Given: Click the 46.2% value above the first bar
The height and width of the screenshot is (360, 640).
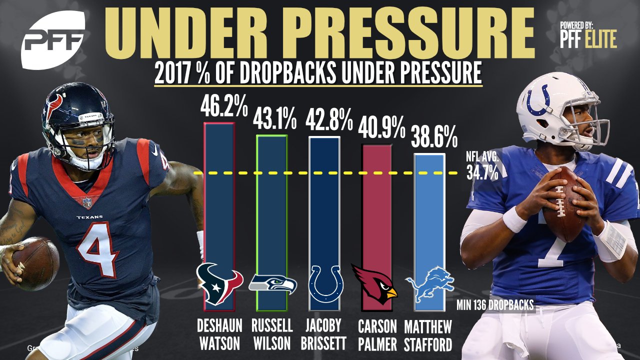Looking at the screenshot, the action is (224, 106).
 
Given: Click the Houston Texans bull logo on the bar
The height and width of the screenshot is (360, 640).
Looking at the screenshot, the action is (219, 283).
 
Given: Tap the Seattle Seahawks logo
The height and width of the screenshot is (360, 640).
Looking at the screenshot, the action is (272, 284).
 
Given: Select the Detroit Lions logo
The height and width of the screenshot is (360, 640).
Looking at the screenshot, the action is (429, 284).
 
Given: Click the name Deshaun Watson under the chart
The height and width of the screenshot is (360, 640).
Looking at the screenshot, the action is (219, 335).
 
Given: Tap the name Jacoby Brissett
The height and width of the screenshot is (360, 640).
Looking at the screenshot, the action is (323, 334).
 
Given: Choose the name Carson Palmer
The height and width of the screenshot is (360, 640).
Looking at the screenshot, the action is (377, 335).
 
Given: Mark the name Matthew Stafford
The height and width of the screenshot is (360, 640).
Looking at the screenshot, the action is (428, 335).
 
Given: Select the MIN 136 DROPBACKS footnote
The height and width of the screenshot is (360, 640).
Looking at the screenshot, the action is (495, 305).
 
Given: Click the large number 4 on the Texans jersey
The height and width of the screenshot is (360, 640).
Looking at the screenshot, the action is (96, 249).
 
